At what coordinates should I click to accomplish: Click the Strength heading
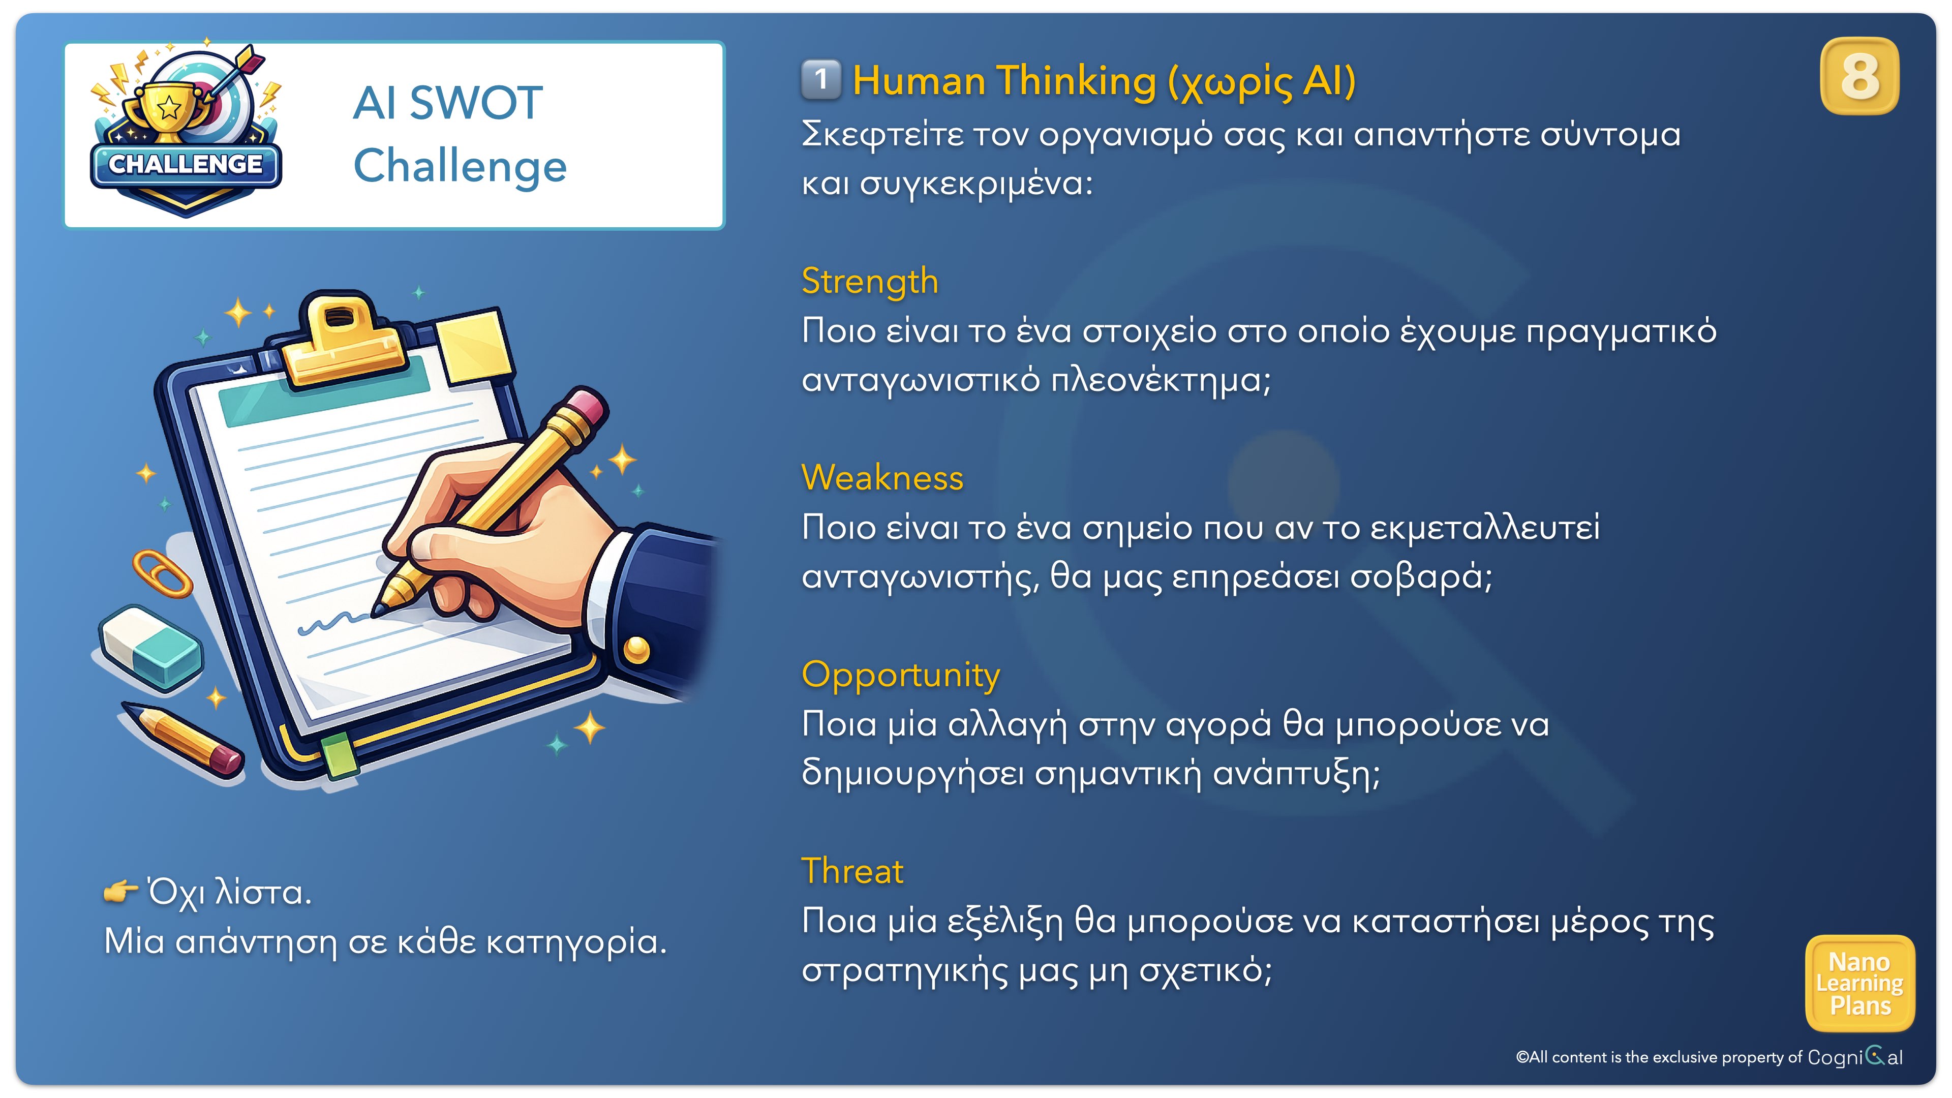tap(870, 282)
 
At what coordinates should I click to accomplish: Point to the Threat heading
tap(852, 871)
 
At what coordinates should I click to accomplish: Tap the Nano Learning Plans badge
tap(1860, 984)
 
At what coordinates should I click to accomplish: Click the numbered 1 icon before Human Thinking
tap(820, 80)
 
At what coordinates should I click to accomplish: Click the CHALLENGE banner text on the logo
tap(186, 164)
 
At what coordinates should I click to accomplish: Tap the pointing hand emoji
tap(120, 892)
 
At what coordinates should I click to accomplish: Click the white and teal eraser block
tap(151, 648)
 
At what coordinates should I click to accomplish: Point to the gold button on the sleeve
tap(636, 650)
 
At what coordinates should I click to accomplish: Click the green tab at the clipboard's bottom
tap(338, 755)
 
